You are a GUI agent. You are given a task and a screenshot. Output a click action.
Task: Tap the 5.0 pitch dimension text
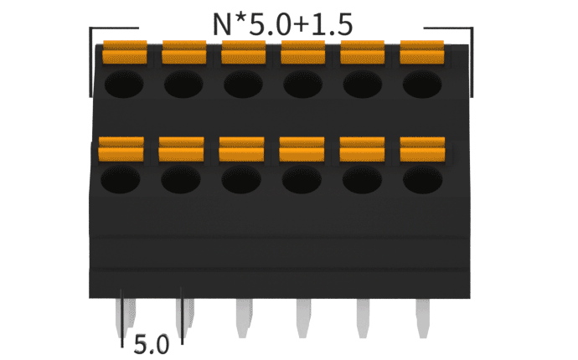[152, 342]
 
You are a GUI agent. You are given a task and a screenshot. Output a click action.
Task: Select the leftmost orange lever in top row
[125, 53]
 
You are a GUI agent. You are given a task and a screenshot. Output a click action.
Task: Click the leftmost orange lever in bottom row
[121, 148]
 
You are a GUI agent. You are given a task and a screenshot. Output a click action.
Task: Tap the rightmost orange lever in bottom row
[422, 148]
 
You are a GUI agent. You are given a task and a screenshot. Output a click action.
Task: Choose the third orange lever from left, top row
[244, 53]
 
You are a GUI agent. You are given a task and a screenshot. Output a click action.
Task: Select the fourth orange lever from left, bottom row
[302, 148]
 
